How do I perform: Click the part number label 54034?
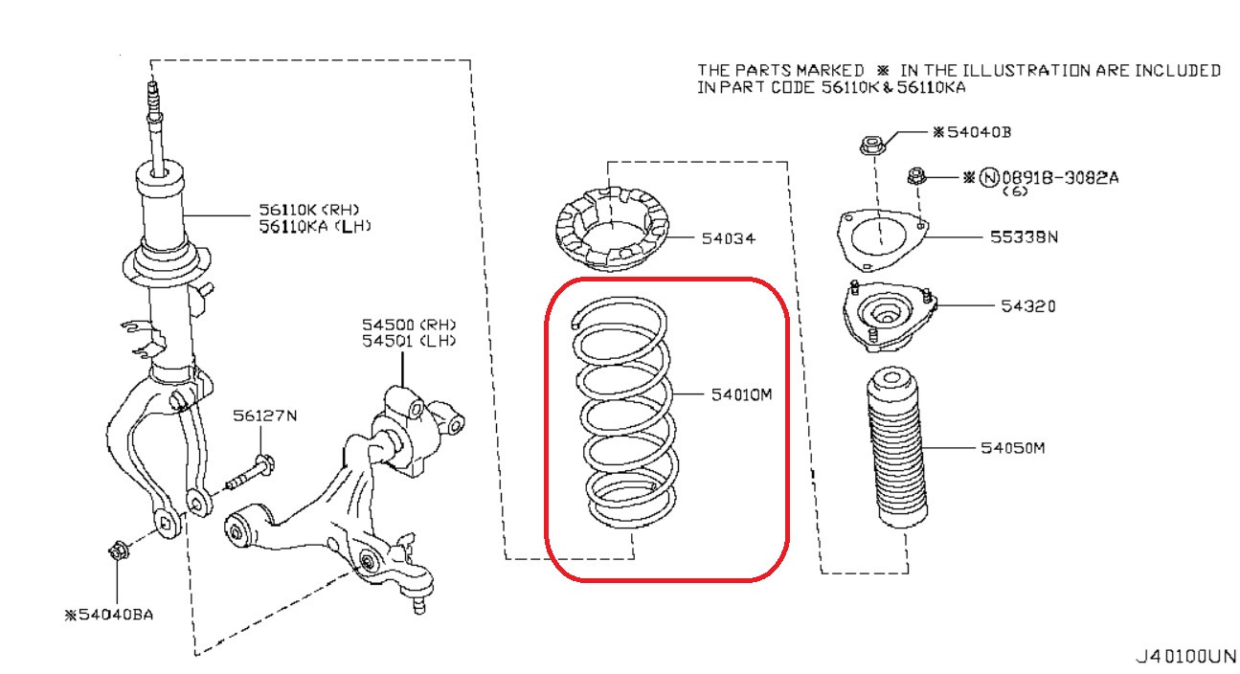tap(729, 237)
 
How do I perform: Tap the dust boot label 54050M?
tap(1011, 448)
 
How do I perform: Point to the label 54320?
tap(1027, 306)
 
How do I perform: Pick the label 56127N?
tap(265, 416)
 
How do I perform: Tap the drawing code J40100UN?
tap(1184, 657)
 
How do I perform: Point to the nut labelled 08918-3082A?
tap(915, 176)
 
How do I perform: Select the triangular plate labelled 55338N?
tap(882, 238)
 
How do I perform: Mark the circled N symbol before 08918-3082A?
tap(987, 177)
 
